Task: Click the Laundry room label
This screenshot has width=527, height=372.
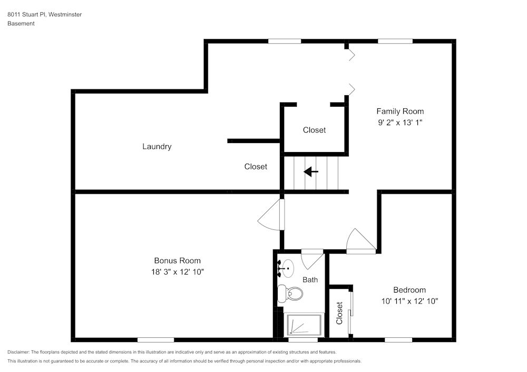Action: (x=157, y=147)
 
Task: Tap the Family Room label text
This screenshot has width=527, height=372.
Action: (x=400, y=112)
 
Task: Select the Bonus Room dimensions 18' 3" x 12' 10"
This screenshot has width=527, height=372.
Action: (x=178, y=272)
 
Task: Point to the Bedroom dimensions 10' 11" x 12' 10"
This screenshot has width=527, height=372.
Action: (x=409, y=301)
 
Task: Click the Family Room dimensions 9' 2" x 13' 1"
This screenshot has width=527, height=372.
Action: (x=400, y=123)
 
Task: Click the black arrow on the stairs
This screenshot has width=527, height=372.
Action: (x=311, y=172)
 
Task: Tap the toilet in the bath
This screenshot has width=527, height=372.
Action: (x=290, y=294)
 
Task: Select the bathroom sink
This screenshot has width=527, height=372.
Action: (x=286, y=269)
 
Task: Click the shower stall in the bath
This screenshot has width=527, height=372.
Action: (x=304, y=325)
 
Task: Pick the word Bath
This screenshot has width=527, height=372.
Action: (x=310, y=280)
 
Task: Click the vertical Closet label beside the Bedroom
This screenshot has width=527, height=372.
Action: (x=339, y=313)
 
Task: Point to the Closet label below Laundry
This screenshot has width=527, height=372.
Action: (x=256, y=167)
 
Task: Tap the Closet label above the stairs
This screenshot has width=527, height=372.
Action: (x=314, y=130)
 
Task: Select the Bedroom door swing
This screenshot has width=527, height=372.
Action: (x=361, y=241)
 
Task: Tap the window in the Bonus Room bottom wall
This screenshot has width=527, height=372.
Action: (x=155, y=340)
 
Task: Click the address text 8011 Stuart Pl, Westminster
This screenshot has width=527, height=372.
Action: (x=45, y=14)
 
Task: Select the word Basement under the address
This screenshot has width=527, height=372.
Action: (x=21, y=24)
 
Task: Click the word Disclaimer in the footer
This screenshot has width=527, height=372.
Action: (x=18, y=352)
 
